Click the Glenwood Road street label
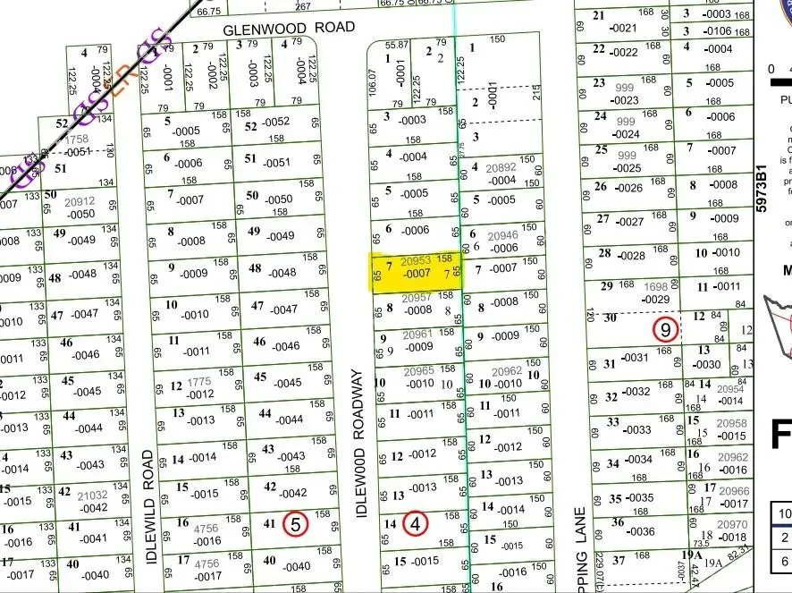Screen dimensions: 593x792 (x=270, y=29)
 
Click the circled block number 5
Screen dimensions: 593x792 (x=295, y=524)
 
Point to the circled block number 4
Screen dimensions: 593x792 (x=416, y=523)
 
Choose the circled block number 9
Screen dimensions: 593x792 (x=664, y=330)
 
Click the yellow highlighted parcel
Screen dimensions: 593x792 (x=417, y=271)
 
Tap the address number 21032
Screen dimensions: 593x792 (x=92, y=494)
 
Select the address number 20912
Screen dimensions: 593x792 (x=80, y=202)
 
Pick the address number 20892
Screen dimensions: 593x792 (x=501, y=167)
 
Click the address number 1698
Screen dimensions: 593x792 (x=656, y=286)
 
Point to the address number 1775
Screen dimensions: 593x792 (x=199, y=382)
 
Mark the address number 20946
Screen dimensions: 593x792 (x=505, y=237)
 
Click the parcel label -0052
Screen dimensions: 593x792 (x=276, y=122)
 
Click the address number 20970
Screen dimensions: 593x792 (x=734, y=525)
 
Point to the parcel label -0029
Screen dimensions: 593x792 (x=656, y=300)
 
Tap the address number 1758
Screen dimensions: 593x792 (x=76, y=140)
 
